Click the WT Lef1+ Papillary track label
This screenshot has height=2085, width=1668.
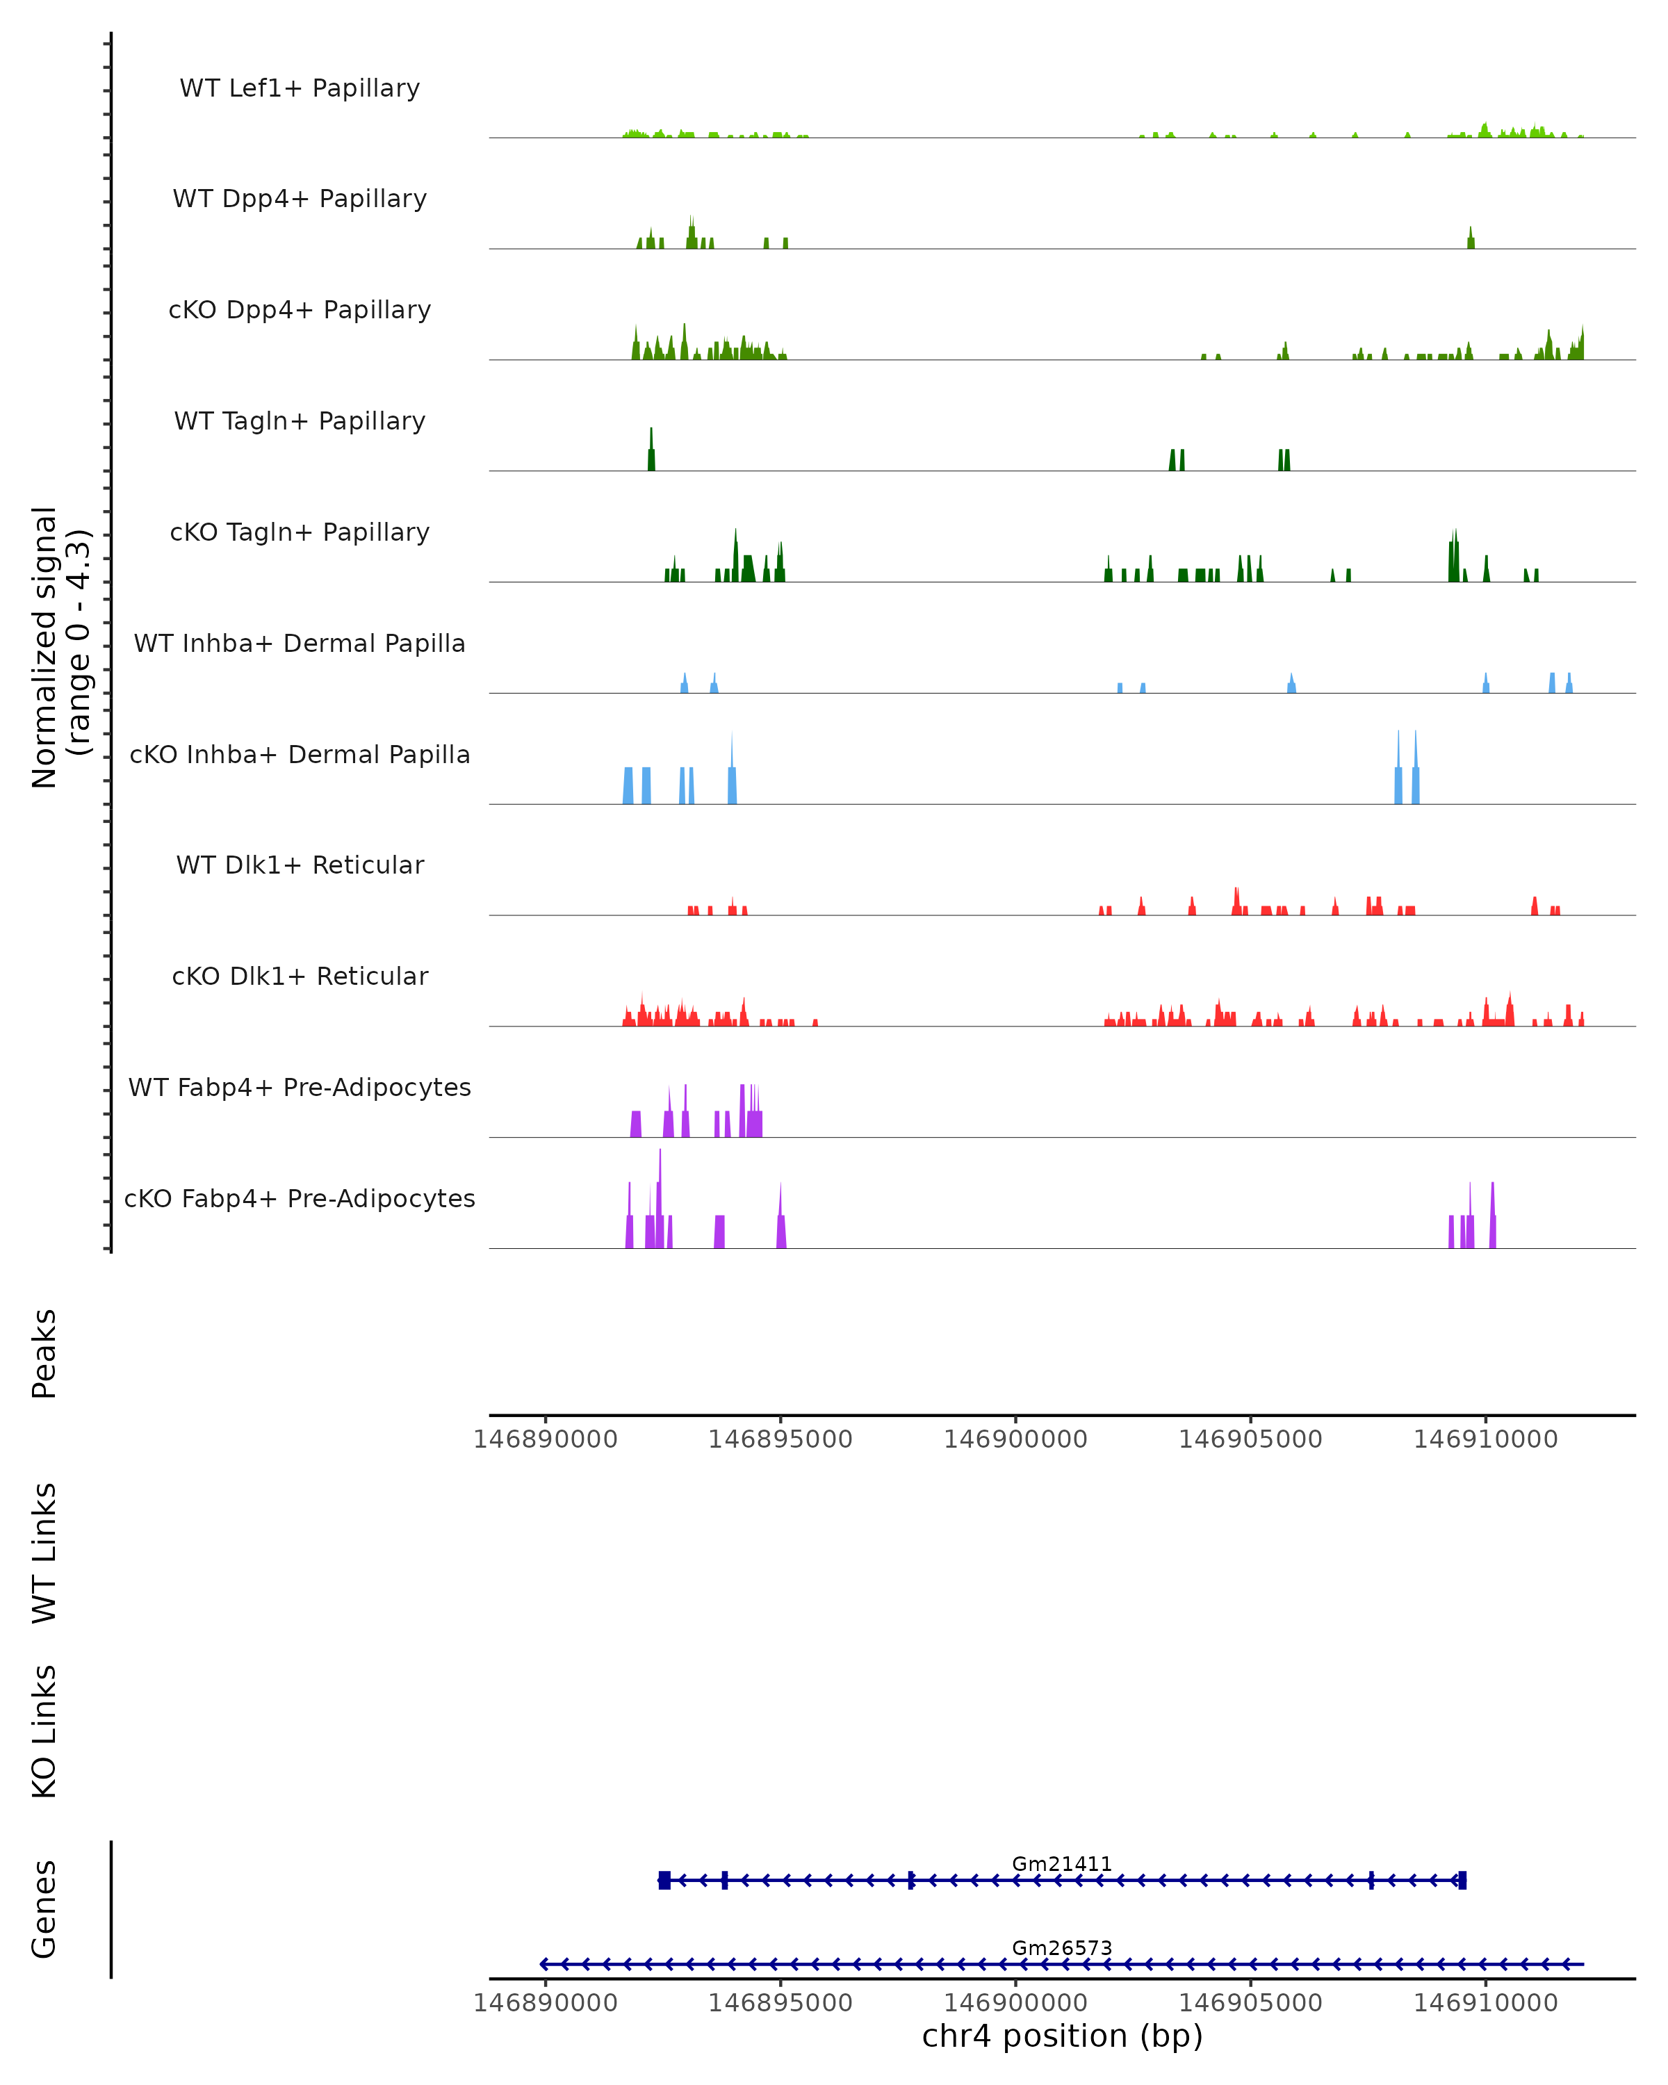point(300,88)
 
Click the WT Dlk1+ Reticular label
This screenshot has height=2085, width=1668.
point(300,865)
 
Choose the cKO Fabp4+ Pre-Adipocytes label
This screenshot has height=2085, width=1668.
point(300,1198)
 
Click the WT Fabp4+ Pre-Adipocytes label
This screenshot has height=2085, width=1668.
point(300,1087)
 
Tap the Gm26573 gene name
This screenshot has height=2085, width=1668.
point(1062,1947)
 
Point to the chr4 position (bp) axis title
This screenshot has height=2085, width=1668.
point(1062,2036)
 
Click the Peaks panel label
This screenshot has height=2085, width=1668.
point(44,1353)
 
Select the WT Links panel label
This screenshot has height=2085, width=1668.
point(44,1552)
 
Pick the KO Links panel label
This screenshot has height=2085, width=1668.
point(44,1731)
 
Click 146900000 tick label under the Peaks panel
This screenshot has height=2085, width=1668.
point(1015,1439)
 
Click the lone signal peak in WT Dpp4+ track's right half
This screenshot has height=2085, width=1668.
point(1471,240)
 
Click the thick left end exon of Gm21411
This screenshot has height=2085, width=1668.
point(664,1880)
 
